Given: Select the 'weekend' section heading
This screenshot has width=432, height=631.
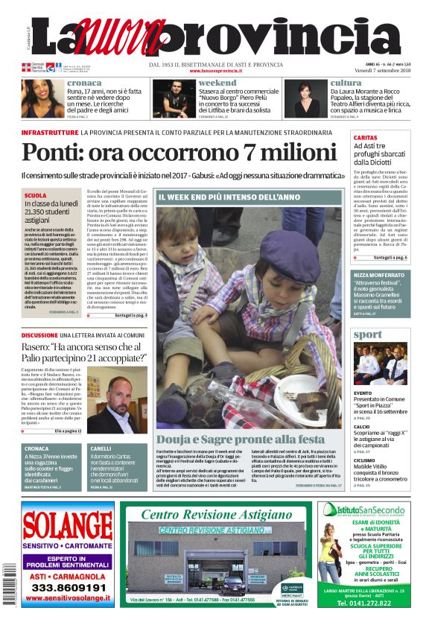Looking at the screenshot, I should (217, 83).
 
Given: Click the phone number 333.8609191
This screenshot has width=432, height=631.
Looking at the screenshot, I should (68, 586).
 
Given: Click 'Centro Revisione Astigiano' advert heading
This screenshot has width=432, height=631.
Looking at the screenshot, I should (216, 515).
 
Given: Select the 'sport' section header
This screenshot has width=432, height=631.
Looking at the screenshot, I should (367, 334).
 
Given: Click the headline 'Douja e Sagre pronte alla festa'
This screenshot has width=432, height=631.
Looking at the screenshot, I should (241, 439).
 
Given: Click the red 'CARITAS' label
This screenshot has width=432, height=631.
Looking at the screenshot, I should (365, 139).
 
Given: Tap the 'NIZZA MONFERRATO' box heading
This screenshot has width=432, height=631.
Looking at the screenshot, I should (381, 275).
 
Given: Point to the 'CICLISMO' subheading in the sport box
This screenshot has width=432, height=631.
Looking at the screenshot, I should (364, 460).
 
